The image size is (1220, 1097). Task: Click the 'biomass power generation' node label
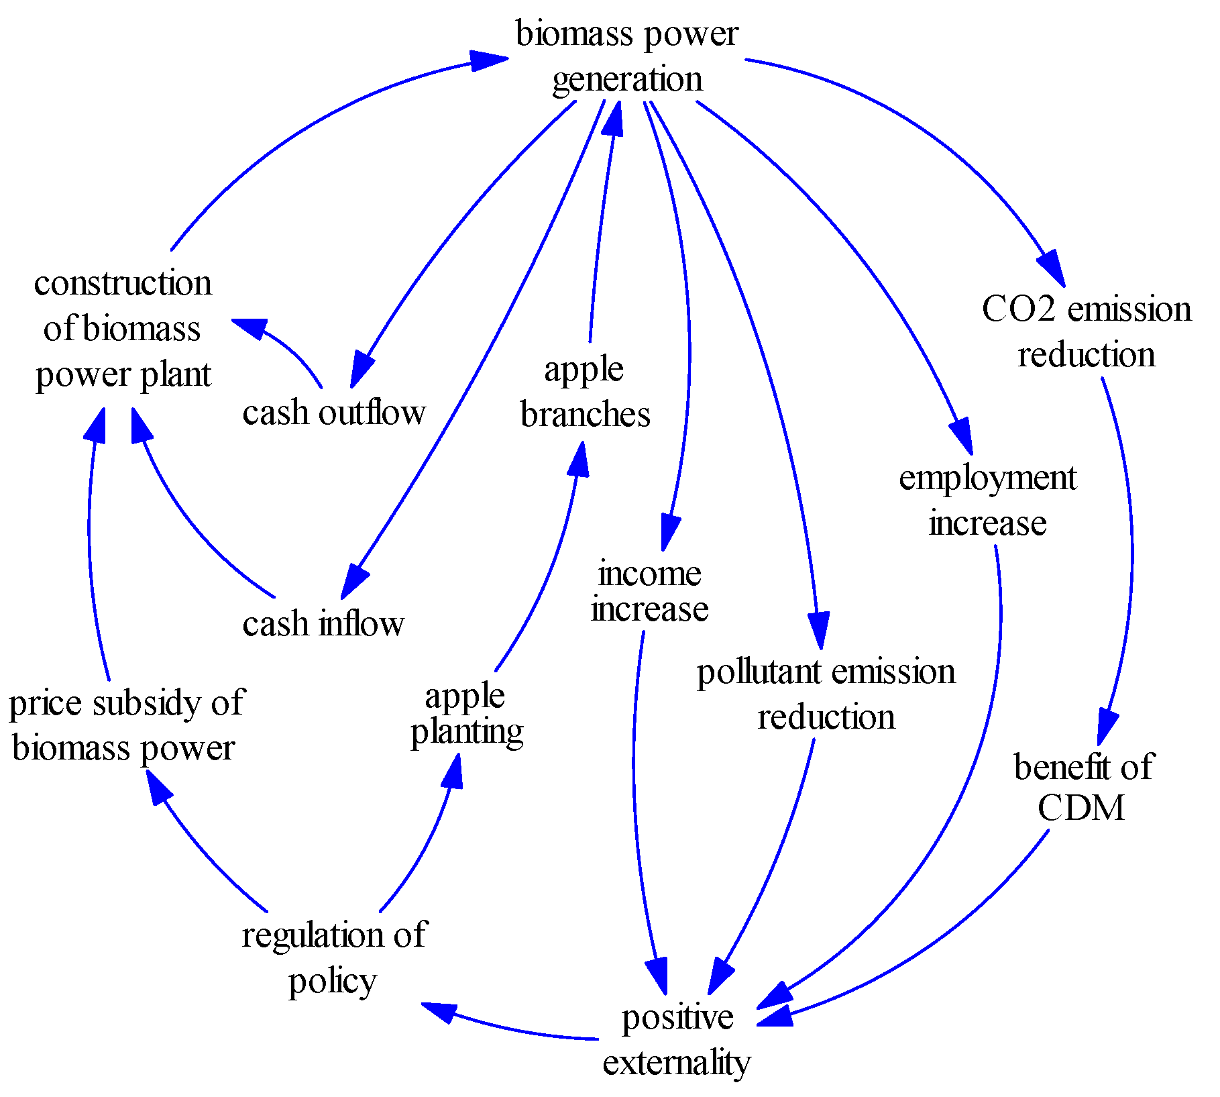[626, 56]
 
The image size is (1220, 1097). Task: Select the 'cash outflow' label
[333, 412]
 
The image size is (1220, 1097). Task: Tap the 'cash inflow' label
[323, 623]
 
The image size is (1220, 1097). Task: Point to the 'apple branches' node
[585, 392]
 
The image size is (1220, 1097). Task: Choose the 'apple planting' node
[466, 714]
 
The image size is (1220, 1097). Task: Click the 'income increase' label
[649, 591]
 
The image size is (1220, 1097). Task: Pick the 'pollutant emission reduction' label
[826, 694]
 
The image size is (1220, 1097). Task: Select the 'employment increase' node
[987, 501]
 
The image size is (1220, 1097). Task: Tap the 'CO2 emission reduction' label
[1086, 331]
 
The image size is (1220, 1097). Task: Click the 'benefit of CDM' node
[1082, 786]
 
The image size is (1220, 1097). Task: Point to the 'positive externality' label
[677, 1040]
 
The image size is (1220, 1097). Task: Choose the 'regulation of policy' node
[333, 957]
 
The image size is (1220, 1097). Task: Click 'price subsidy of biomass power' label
[126, 725]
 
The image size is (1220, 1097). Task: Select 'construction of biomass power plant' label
[123, 329]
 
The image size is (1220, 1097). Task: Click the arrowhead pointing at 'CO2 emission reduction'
[1054, 268]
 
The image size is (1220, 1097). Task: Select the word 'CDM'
[1080, 807]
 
